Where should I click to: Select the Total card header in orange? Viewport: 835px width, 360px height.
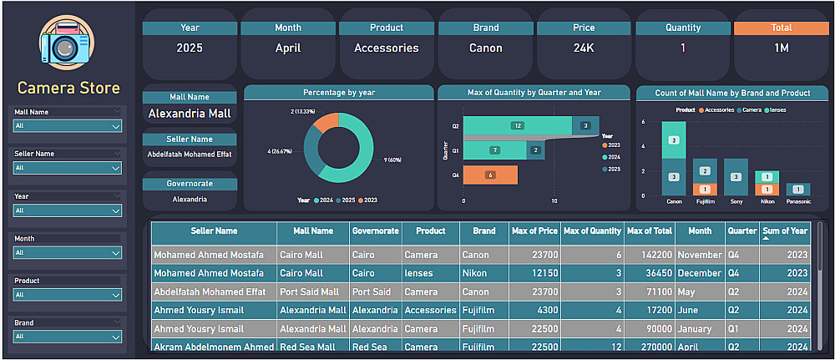click(x=781, y=28)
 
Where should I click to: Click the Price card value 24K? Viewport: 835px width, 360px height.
click(x=584, y=48)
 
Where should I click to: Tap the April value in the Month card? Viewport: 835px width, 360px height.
click(x=288, y=48)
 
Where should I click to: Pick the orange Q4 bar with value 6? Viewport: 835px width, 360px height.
click(x=490, y=175)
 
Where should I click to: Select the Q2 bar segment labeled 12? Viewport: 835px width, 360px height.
click(x=518, y=125)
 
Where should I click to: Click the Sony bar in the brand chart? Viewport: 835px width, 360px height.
click(x=736, y=176)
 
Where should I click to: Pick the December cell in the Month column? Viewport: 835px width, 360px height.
click(x=700, y=273)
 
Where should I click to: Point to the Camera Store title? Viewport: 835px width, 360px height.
click(x=68, y=88)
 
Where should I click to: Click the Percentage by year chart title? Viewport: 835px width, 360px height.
click(x=338, y=92)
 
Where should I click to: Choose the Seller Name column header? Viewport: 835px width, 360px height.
click(x=214, y=231)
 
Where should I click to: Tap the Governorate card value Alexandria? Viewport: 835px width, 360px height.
click(x=189, y=200)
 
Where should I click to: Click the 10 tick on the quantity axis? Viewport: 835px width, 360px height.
click(x=554, y=201)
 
